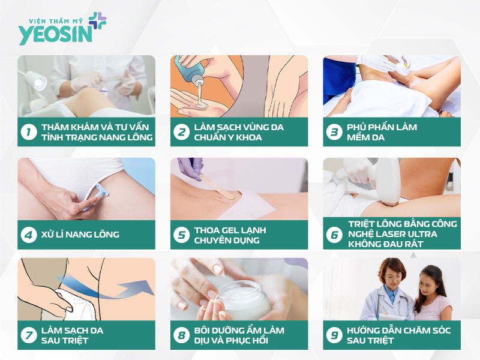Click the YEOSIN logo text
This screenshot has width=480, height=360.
pyautogui.click(x=55, y=34)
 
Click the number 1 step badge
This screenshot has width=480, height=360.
pyautogui.click(x=28, y=132)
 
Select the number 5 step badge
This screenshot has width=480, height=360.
pyautogui.click(x=181, y=235)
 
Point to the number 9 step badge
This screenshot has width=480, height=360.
pyautogui.click(x=334, y=335)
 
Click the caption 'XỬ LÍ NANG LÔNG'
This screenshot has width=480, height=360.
pyautogui.click(x=80, y=235)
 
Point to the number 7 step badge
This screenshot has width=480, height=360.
pyautogui.click(x=28, y=335)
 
